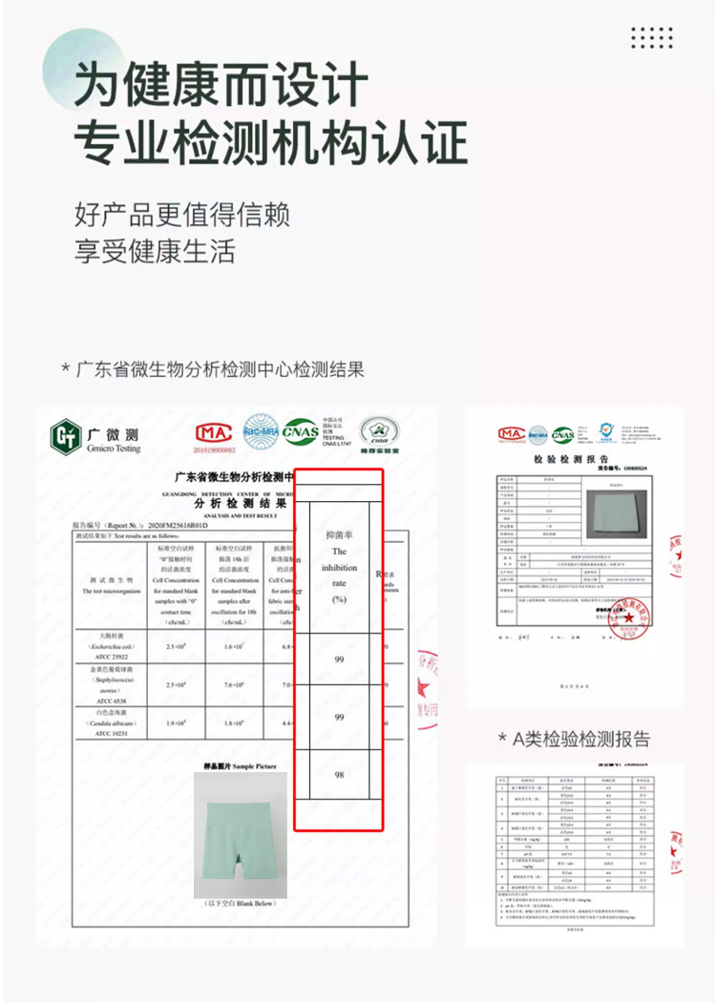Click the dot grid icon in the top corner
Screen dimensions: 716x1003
[x=652, y=37]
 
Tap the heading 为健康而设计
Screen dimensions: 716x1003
[x=221, y=85]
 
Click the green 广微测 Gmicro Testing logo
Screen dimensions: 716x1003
[x=95, y=438]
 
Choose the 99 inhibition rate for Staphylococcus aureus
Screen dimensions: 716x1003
[x=339, y=717]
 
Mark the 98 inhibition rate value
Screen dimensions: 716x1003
[x=339, y=775]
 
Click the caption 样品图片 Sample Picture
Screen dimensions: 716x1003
[x=240, y=765]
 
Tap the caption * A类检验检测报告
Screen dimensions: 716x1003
[x=574, y=739]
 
